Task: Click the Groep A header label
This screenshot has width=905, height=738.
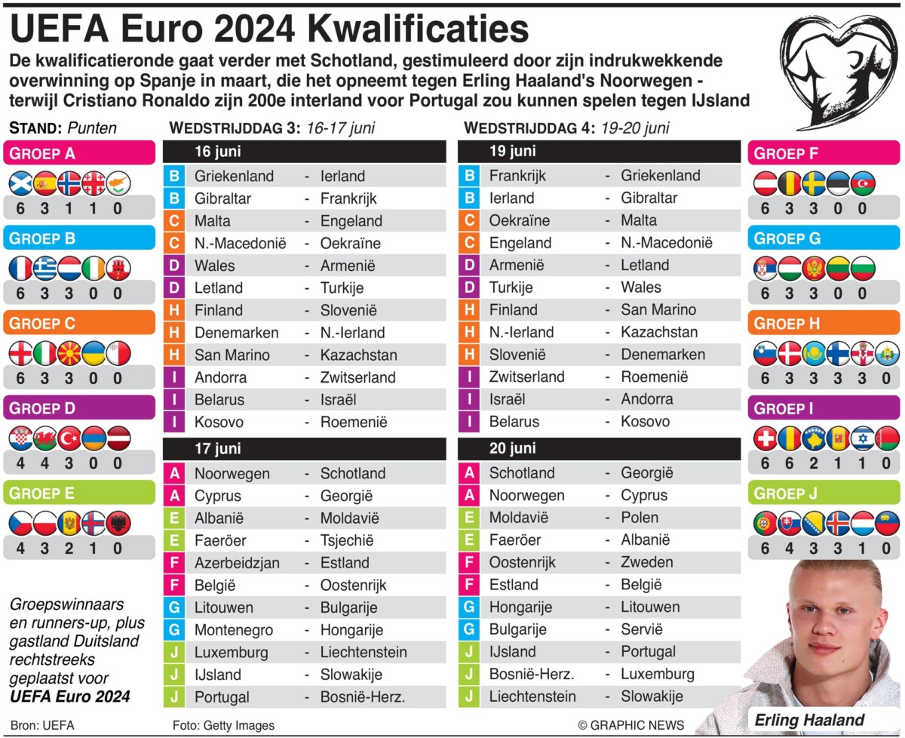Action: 42,153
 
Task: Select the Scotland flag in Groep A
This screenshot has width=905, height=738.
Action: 20,183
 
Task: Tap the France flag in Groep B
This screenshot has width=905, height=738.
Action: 20,268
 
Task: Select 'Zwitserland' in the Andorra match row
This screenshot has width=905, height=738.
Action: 357,377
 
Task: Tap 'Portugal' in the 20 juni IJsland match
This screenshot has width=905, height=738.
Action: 648,651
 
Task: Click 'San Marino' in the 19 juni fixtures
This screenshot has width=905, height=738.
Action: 658,309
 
